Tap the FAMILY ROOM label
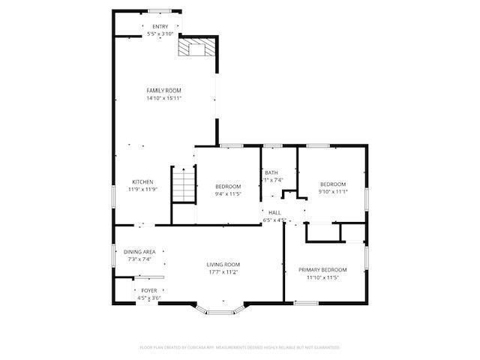[163, 91]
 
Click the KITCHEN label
[143, 182]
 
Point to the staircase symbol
[182, 184]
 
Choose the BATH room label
[271, 173]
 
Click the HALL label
[274, 213]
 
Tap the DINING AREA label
[139, 251]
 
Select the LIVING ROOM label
[223, 265]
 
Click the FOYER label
[149, 290]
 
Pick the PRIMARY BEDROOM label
[322, 270]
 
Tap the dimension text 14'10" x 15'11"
[163, 97]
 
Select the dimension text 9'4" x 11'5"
[228, 193]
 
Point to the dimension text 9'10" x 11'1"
[333, 191]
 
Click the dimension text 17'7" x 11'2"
[223, 271]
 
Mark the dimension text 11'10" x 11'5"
[322, 277]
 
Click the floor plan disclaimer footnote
[240, 347]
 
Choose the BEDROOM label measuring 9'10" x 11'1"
[333, 184]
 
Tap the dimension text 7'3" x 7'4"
[139, 259]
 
